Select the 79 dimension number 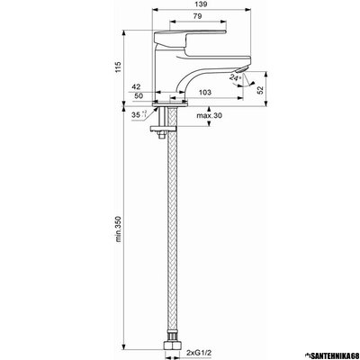197,17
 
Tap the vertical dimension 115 118,67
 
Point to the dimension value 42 136,87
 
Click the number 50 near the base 139,96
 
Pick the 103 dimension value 205,93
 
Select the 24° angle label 235,77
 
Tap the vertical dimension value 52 260,90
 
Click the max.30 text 210,115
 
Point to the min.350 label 118,229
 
